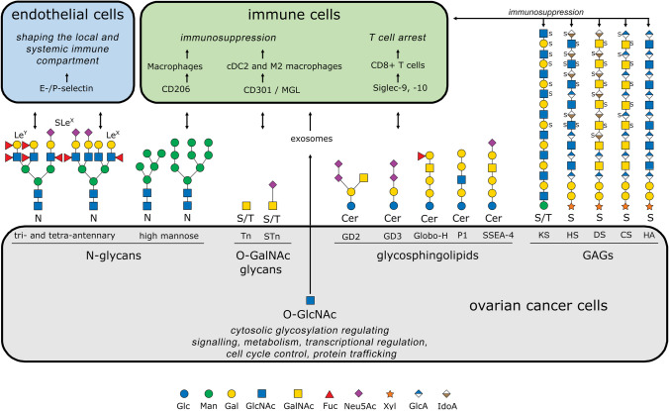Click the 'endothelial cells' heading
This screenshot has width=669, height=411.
point(67,15)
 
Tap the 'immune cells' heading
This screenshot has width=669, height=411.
point(294,15)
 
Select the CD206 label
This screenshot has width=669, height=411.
point(176,89)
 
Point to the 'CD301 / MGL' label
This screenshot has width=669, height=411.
point(271,90)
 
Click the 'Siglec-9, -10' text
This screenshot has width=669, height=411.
point(400,88)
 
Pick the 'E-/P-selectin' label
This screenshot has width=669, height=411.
point(65,88)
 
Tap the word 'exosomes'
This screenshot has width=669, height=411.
point(311,139)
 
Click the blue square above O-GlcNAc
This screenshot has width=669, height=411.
point(310,300)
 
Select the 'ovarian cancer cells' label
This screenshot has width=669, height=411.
point(538,306)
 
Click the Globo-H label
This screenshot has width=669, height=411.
point(430,236)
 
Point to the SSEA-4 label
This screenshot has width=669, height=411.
point(498,235)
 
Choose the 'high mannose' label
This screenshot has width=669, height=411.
point(168,236)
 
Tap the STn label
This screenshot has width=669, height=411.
point(272,236)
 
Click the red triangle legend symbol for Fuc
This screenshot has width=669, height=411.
point(329,394)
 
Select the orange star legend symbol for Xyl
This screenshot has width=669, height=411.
point(390,394)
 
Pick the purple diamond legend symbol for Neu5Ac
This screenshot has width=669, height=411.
point(359,393)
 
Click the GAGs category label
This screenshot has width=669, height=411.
point(598,256)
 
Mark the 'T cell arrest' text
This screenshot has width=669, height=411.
point(398,38)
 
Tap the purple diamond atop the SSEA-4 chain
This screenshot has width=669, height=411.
point(492,143)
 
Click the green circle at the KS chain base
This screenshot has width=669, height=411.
point(543,206)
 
